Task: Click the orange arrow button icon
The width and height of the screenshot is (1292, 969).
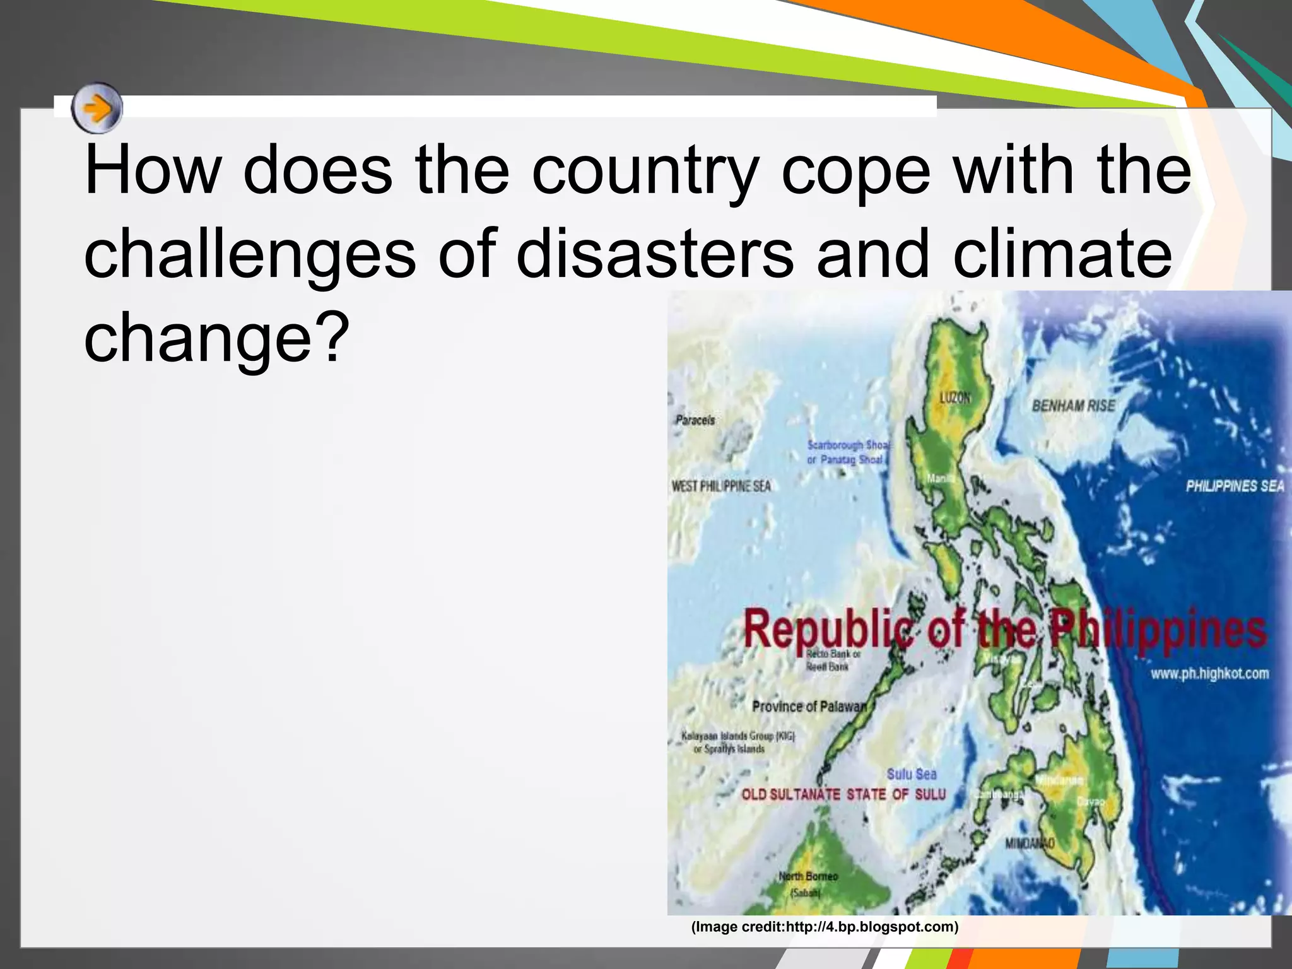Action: [97, 109]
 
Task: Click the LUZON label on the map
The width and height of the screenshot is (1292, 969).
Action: [955, 398]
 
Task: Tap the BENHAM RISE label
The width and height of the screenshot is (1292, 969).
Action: [1073, 406]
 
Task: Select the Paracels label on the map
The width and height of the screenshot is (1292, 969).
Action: [695, 420]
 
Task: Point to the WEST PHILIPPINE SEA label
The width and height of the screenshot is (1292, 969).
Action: [721, 486]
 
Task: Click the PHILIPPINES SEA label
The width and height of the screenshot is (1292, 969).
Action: [1235, 486]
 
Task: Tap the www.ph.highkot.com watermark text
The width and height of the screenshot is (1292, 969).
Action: [1209, 674]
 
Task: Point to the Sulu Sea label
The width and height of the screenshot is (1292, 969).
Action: [912, 774]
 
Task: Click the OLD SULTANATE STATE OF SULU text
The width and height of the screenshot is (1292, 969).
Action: [843, 794]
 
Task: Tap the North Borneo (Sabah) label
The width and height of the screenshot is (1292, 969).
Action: [807, 884]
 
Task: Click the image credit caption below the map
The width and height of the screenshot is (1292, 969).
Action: [825, 927]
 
